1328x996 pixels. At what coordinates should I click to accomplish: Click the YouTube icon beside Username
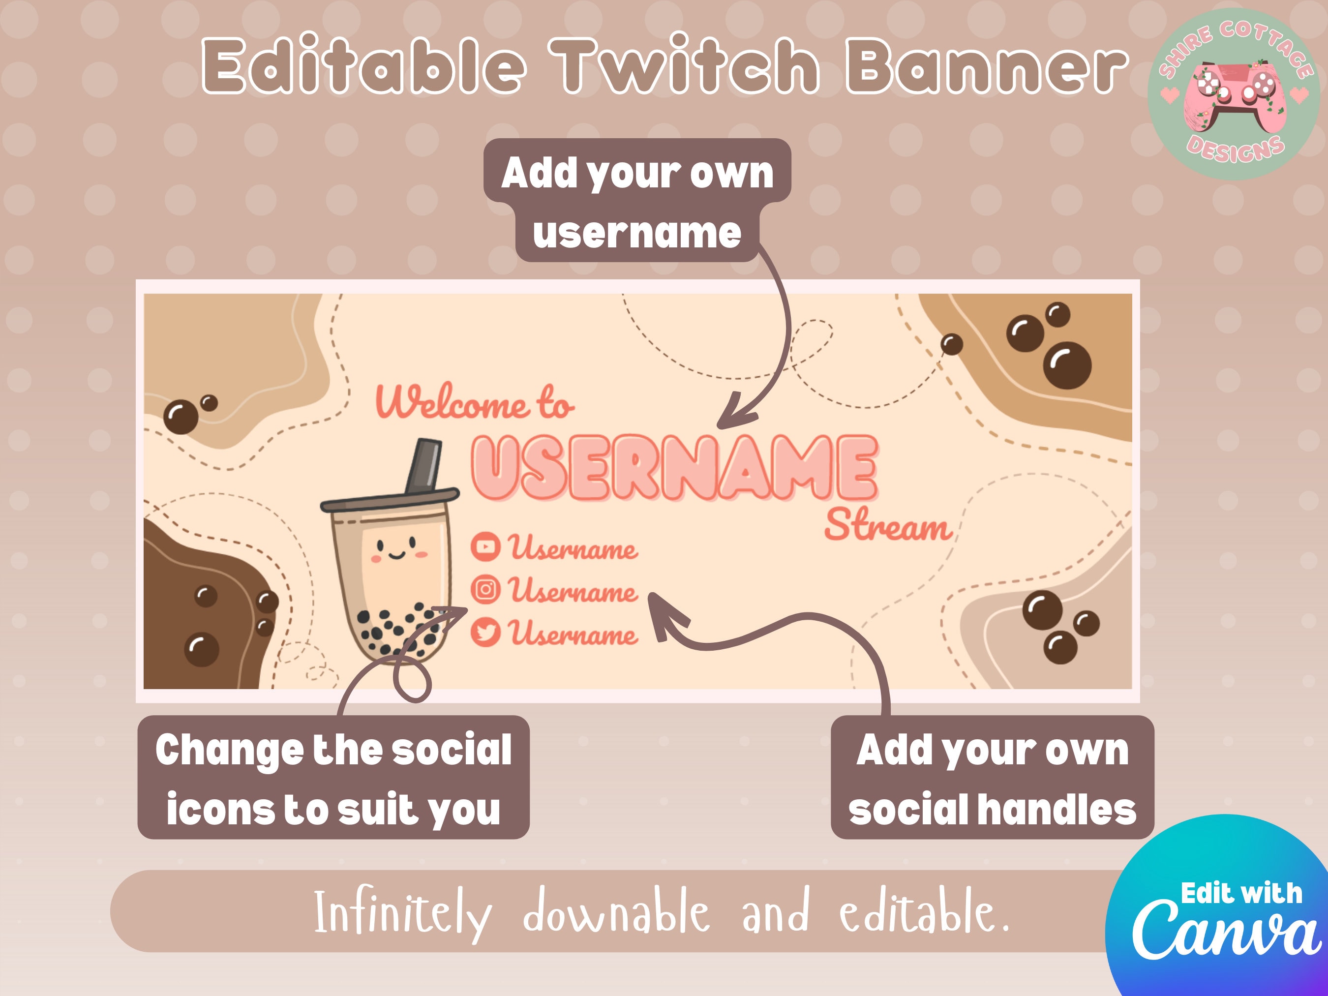(485, 546)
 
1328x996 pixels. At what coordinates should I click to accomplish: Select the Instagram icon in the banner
(485, 590)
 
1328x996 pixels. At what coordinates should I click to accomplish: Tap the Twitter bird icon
(485, 632)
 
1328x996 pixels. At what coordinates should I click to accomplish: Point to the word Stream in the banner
(887, 526)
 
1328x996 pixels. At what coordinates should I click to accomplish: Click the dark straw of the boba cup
(424, 465)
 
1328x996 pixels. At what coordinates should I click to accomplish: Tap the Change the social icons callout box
(333, 778)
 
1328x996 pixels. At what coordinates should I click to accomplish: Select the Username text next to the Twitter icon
(573, 634)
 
